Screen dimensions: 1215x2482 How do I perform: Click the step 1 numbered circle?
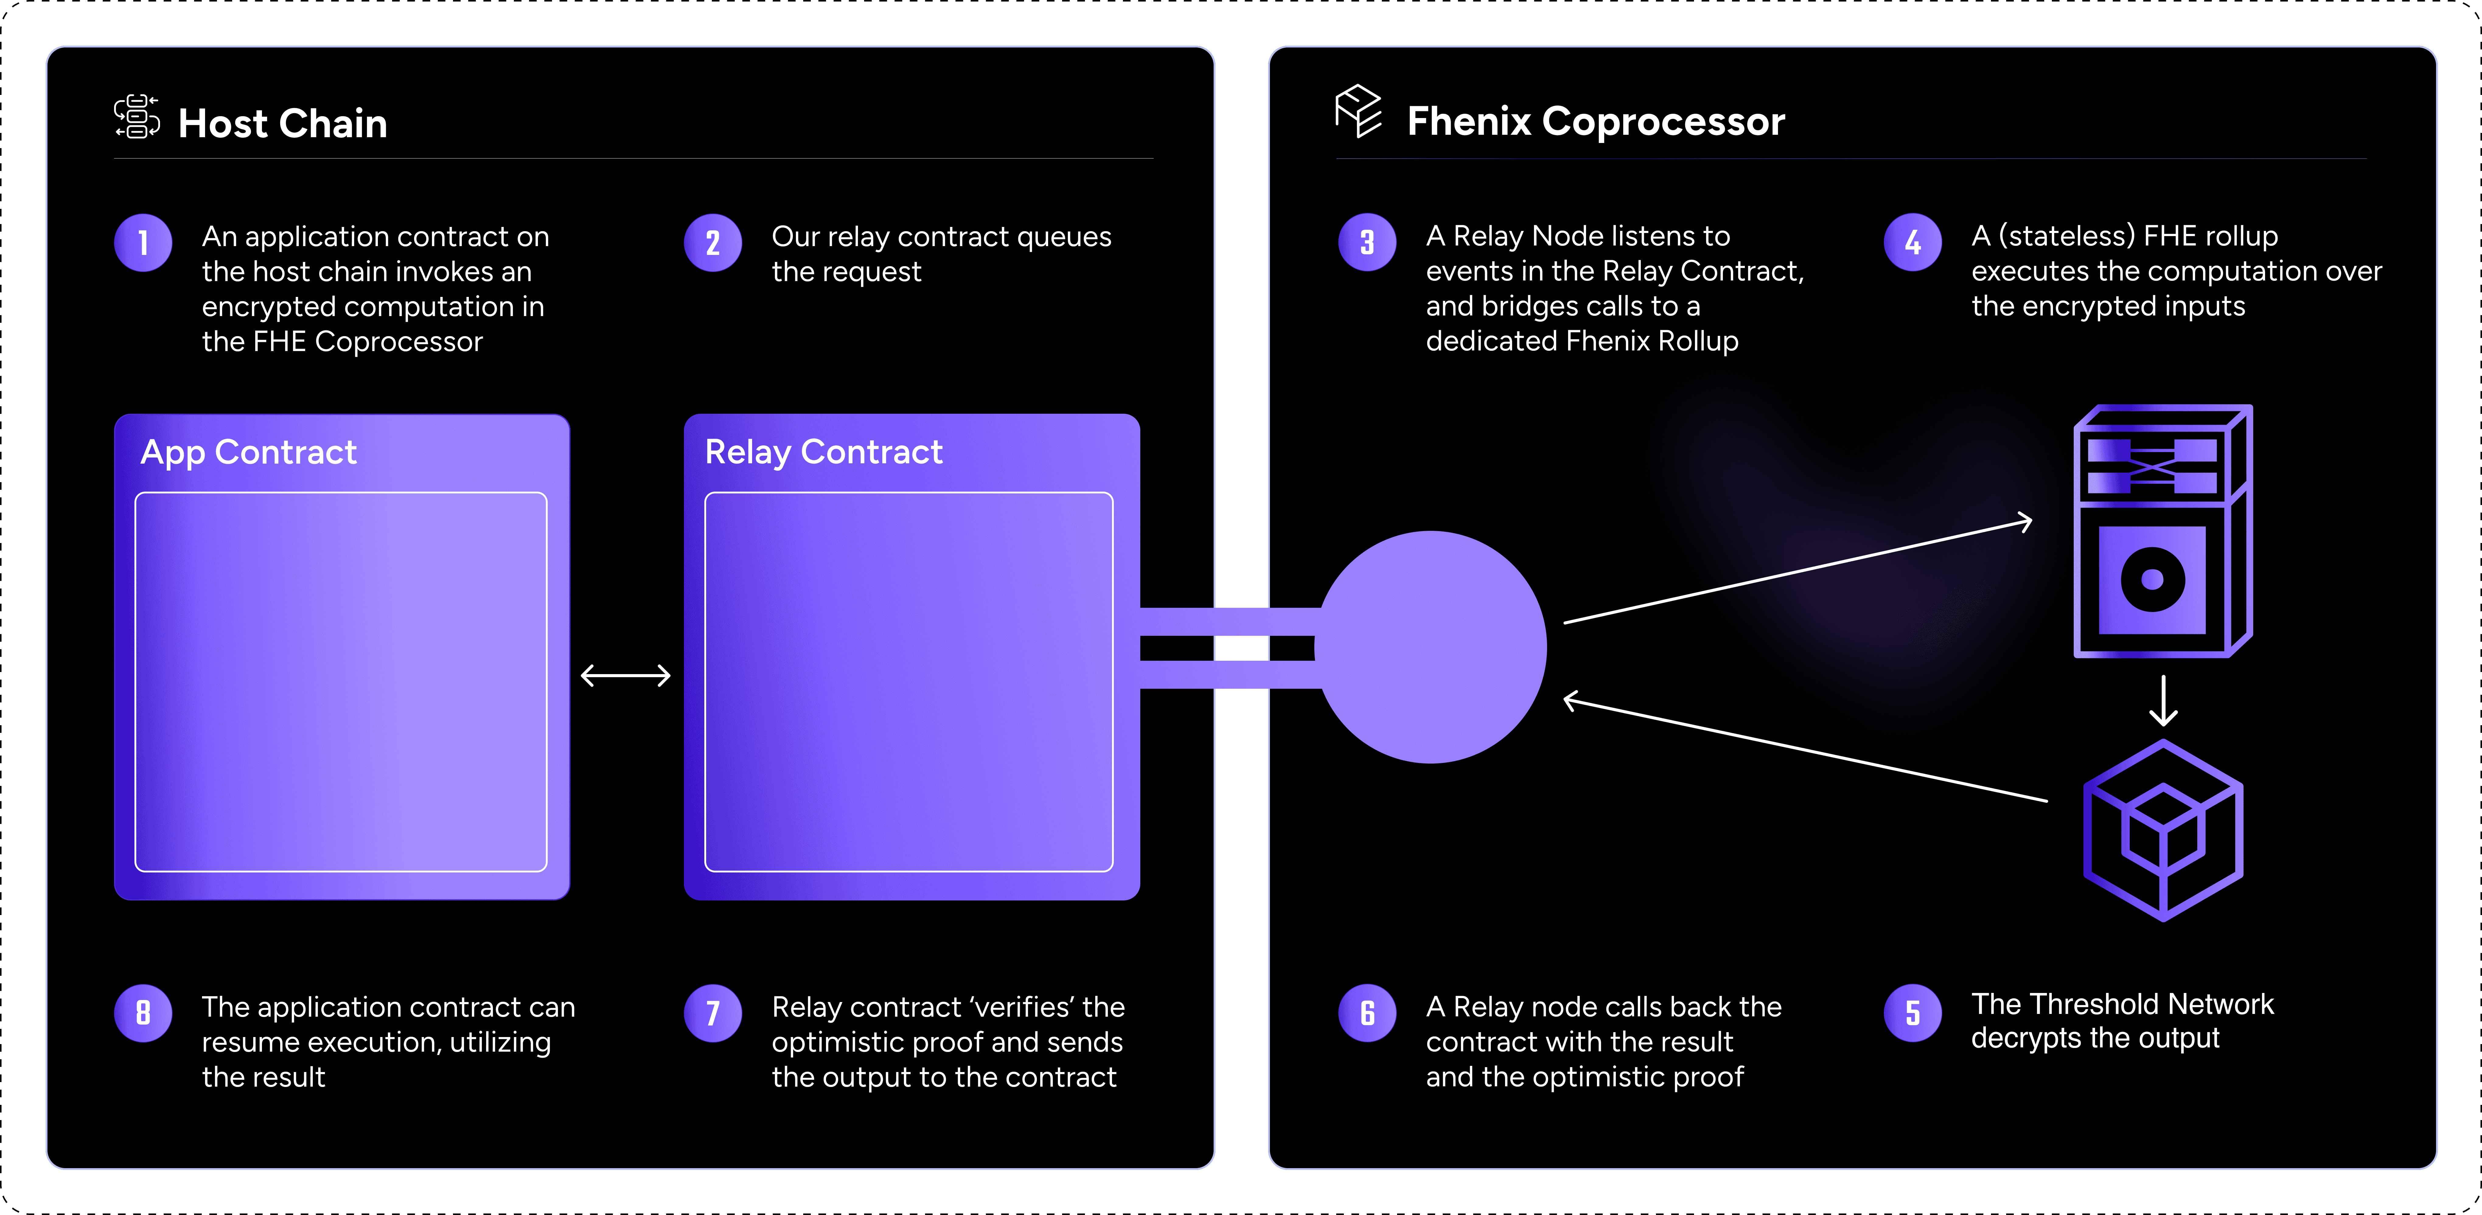[x=143, y=243]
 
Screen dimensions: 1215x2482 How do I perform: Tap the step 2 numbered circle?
[x=713, y=243]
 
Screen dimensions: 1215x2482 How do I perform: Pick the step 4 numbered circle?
[x=1912, y=243]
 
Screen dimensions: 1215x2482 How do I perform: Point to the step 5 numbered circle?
[x=1912, y=1013]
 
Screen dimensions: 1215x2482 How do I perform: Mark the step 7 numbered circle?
[x=713, y=1013]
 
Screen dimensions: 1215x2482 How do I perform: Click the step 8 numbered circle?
[x=143, y=1013]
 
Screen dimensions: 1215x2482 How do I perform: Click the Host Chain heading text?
[x=282, y=123]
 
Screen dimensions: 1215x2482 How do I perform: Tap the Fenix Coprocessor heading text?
[x=1595, y=121]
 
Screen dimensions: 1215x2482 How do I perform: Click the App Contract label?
[x=249, y=452]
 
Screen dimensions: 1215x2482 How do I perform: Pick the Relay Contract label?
[x=824, y=452]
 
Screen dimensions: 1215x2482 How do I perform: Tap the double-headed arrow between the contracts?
[x=625, y=675]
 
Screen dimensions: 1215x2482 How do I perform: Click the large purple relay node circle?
[x=1432, y=647]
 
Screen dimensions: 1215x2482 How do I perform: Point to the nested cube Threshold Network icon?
[x=2163, y=830]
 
